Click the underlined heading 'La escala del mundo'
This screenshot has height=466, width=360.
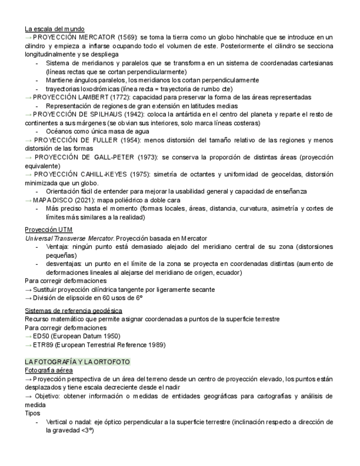click(x=54, y=29)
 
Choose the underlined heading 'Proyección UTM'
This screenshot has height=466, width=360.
click(x=48, y=229)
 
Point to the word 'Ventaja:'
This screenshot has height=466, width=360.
click(x=59, y=247)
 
